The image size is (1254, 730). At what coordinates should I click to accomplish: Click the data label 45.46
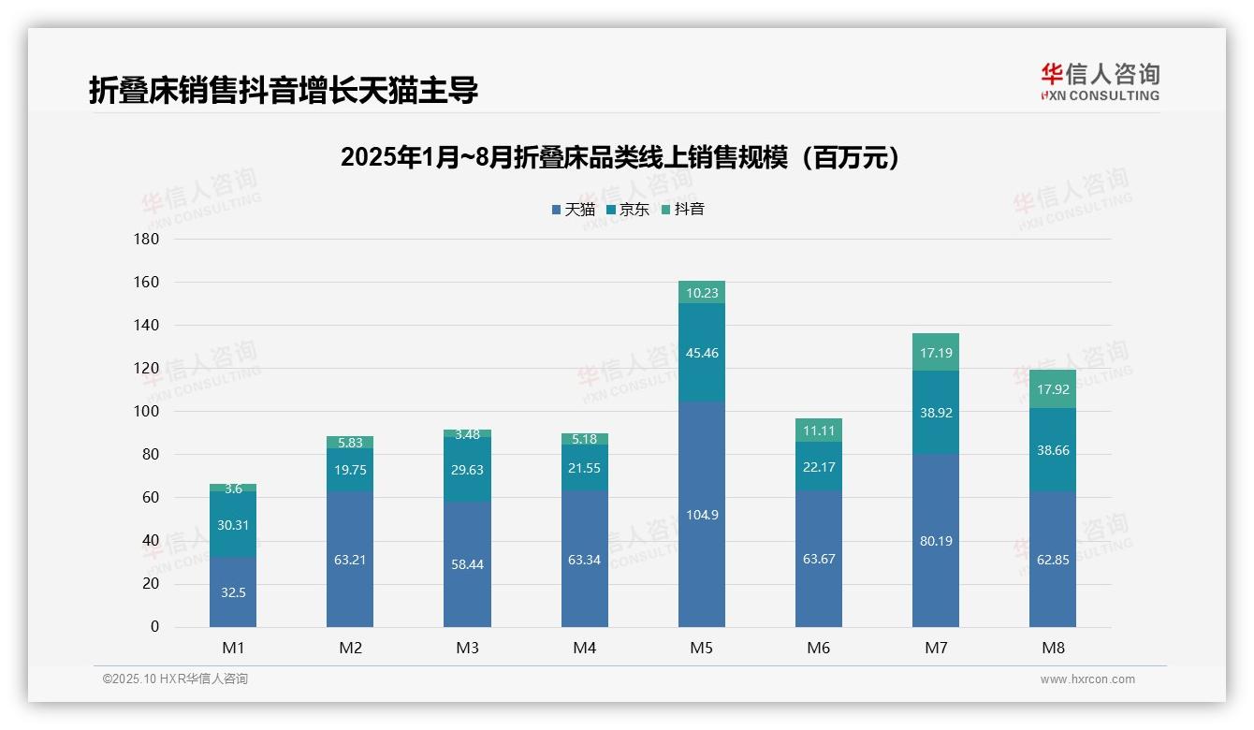(x=701, y=353)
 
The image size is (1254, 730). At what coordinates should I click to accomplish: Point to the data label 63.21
(x=350, y=561)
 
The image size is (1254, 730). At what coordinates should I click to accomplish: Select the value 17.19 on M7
(x=935, y=353)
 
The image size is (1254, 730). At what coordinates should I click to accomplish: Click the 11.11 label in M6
(x=818, y=431)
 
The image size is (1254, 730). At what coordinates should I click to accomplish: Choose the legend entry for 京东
(x=628, y=209)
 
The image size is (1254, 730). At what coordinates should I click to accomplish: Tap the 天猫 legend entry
(x=574, y=209)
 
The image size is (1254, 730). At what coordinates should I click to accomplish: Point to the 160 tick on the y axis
(x=148, y=282)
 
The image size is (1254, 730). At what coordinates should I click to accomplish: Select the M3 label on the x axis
(x=467, y=648)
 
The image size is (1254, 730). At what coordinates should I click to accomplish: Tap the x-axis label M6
(x=818, y=648)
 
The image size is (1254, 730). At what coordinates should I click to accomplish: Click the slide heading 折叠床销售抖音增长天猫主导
(x=284, y=90)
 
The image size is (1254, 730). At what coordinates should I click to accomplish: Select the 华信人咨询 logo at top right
(x=1100, y=81)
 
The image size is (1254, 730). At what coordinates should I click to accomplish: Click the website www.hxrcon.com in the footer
(x=1086, y=679)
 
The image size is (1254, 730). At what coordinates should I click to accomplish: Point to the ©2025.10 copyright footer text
(x=175, y=679)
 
